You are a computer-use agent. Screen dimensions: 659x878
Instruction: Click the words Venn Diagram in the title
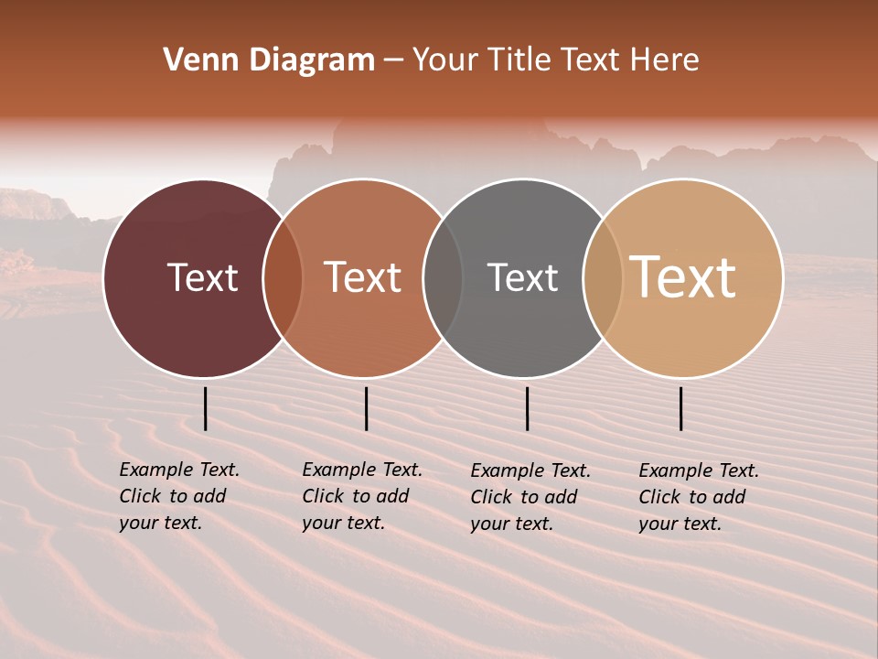[269, 60]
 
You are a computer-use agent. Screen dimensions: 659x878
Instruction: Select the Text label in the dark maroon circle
[202, 277]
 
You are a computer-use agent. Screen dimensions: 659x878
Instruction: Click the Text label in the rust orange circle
[362, 277]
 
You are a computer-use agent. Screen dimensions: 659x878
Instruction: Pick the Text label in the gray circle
[522, 277]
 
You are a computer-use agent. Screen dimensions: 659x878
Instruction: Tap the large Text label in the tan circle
[683, 276]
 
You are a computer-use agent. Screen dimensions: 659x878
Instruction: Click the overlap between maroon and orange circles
[283, 278]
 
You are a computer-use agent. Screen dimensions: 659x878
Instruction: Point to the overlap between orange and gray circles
[443, 278]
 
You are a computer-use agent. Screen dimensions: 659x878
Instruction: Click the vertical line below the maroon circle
[205, 408]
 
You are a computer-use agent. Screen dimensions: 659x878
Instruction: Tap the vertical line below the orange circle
[366, 408]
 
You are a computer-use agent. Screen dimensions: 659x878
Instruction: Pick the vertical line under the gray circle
[527, 408]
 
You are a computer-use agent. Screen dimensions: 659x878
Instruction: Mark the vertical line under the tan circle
[680, 408]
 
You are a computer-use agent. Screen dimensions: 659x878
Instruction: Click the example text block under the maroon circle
[178, 496]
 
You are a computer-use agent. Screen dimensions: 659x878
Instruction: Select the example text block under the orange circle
[361, 496]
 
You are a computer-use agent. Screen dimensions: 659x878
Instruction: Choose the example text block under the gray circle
[530, 497]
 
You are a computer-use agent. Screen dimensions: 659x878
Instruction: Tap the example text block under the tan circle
[698, 497]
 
